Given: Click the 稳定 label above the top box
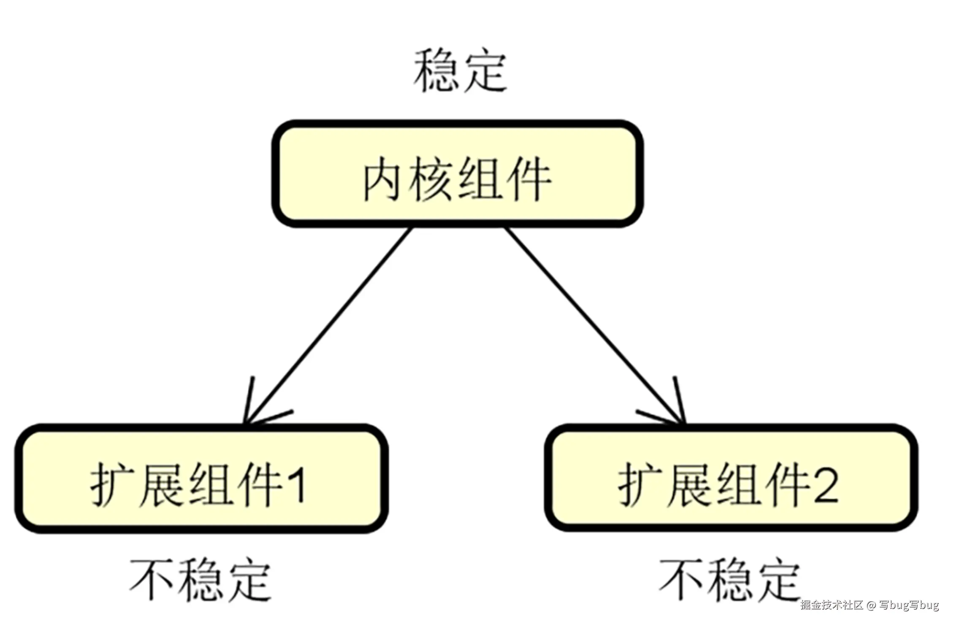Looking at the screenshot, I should (460, 71).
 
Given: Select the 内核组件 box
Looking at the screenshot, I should (458, 174).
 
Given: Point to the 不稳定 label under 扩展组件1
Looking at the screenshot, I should (200, 580).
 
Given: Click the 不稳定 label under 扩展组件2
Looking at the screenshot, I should (730, 580).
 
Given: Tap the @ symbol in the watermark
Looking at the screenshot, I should (872, 605).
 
